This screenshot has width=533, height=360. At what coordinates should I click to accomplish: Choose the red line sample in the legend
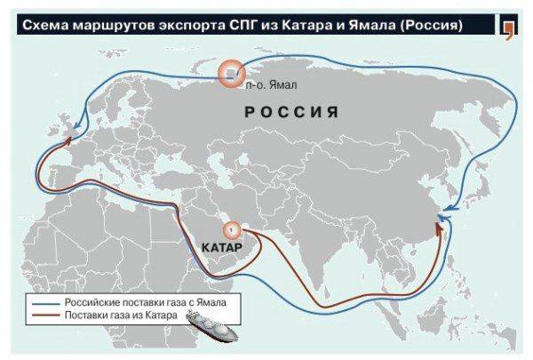pyautogui.click(x=44, y=317)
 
